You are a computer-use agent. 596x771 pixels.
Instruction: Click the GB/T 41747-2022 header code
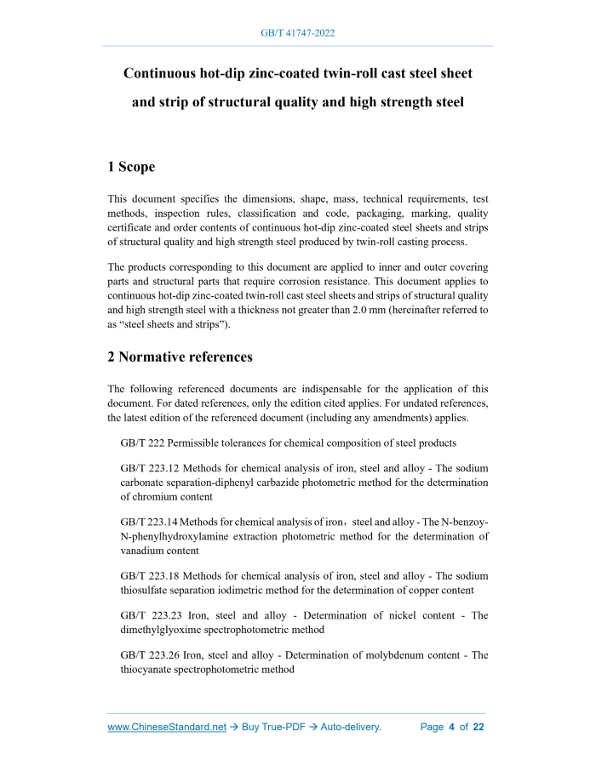coord(297,34)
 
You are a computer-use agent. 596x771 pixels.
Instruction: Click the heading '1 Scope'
coord(131,167)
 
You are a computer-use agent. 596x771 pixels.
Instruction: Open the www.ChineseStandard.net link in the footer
coord(167,728)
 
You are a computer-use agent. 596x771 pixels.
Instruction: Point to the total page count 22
coord(479,728)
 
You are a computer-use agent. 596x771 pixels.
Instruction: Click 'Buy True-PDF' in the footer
coord(274,728)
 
